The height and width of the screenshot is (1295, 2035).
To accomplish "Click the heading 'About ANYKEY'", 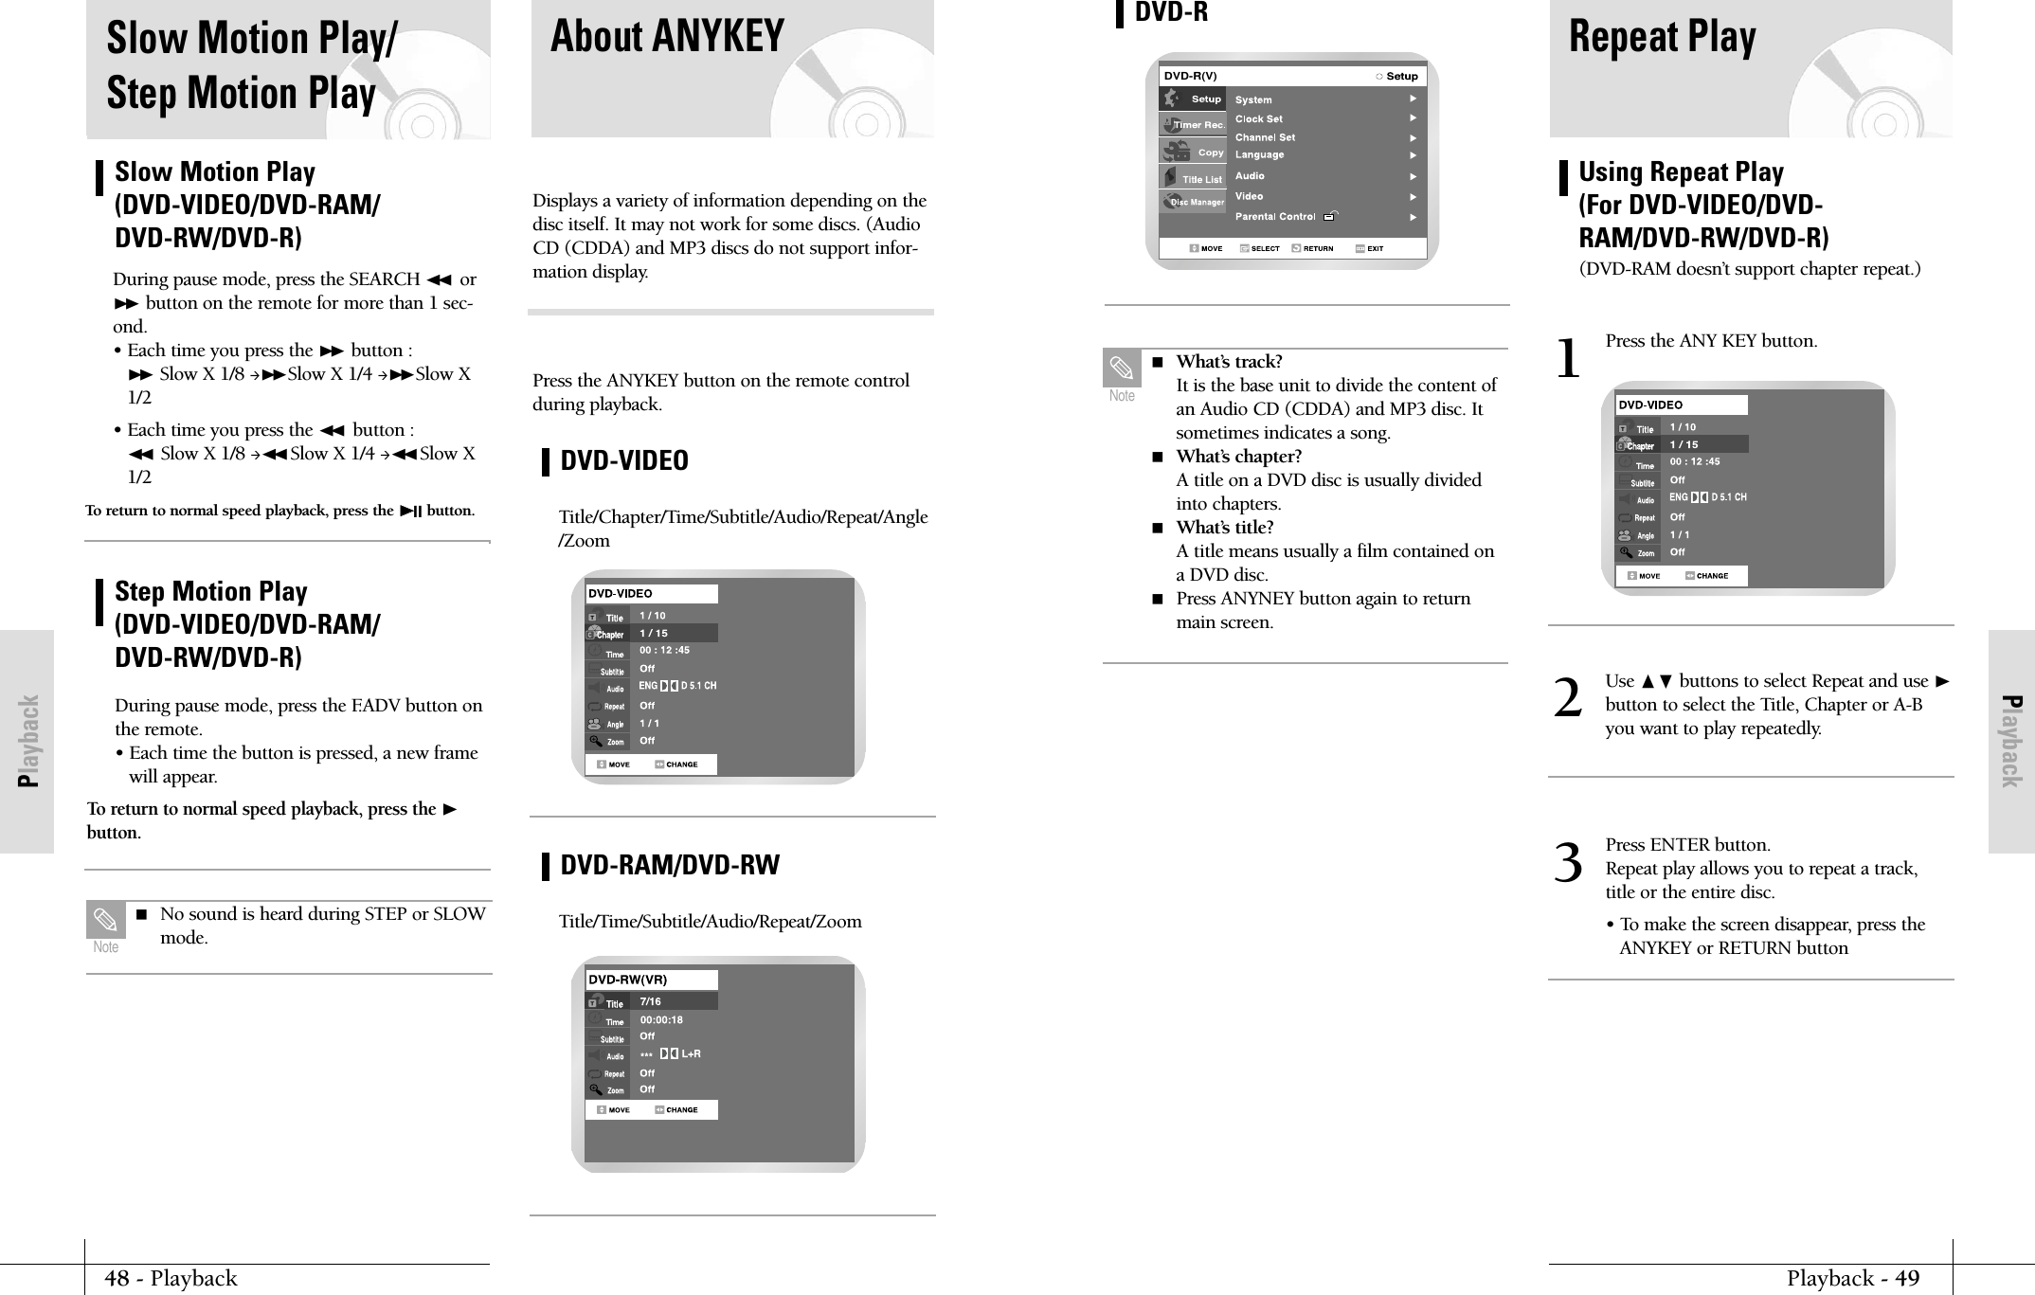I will pyautogui.click(x=667, y=38).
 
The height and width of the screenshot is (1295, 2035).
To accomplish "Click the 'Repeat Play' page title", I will pyautogui.click(x=1662, y=38).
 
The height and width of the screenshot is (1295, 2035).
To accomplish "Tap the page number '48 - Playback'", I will pyautogui.click(x=171, y=1279).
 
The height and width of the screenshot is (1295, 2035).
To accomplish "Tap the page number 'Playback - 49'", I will pyautogui.click(x=1852, y=1279).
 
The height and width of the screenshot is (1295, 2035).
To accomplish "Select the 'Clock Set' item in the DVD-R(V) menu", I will pyautogui.click(x=1258, y=119).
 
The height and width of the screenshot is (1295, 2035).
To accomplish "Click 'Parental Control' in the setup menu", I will pyautogui.click(x=1275, y=217).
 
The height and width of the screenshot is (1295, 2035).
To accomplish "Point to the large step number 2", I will pyautogui.click(x=1568, y=700).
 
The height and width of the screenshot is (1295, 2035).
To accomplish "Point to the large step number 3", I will pyautogui.click(x=1568, y=864).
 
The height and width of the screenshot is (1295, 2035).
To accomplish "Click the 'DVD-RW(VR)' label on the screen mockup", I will pyautogui.click(x=627, y=980).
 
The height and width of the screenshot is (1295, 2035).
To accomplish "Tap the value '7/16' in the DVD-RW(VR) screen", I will pyautogui.click(x=651, y=1001).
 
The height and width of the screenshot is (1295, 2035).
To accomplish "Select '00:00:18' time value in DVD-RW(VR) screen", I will pyautogui.click(x=661, y=1020).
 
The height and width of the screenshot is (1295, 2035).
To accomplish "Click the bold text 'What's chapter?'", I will pyautogui.click(x=1238, y=457).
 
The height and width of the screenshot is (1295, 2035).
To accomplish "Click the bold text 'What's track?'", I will pyautogui.click(x=1229, y=362).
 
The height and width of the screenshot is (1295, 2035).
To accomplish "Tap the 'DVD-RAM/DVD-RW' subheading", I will pyautogui.click(x=670, y=865).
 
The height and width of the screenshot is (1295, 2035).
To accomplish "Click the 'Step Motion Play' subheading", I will pyautogui.click(x=210, y=592).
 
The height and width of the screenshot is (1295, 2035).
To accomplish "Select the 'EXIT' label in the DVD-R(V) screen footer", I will pyautogui.click(x=1375, y=249).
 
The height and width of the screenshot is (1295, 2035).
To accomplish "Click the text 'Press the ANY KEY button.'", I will pyautogui.click(x=1711, y=341).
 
